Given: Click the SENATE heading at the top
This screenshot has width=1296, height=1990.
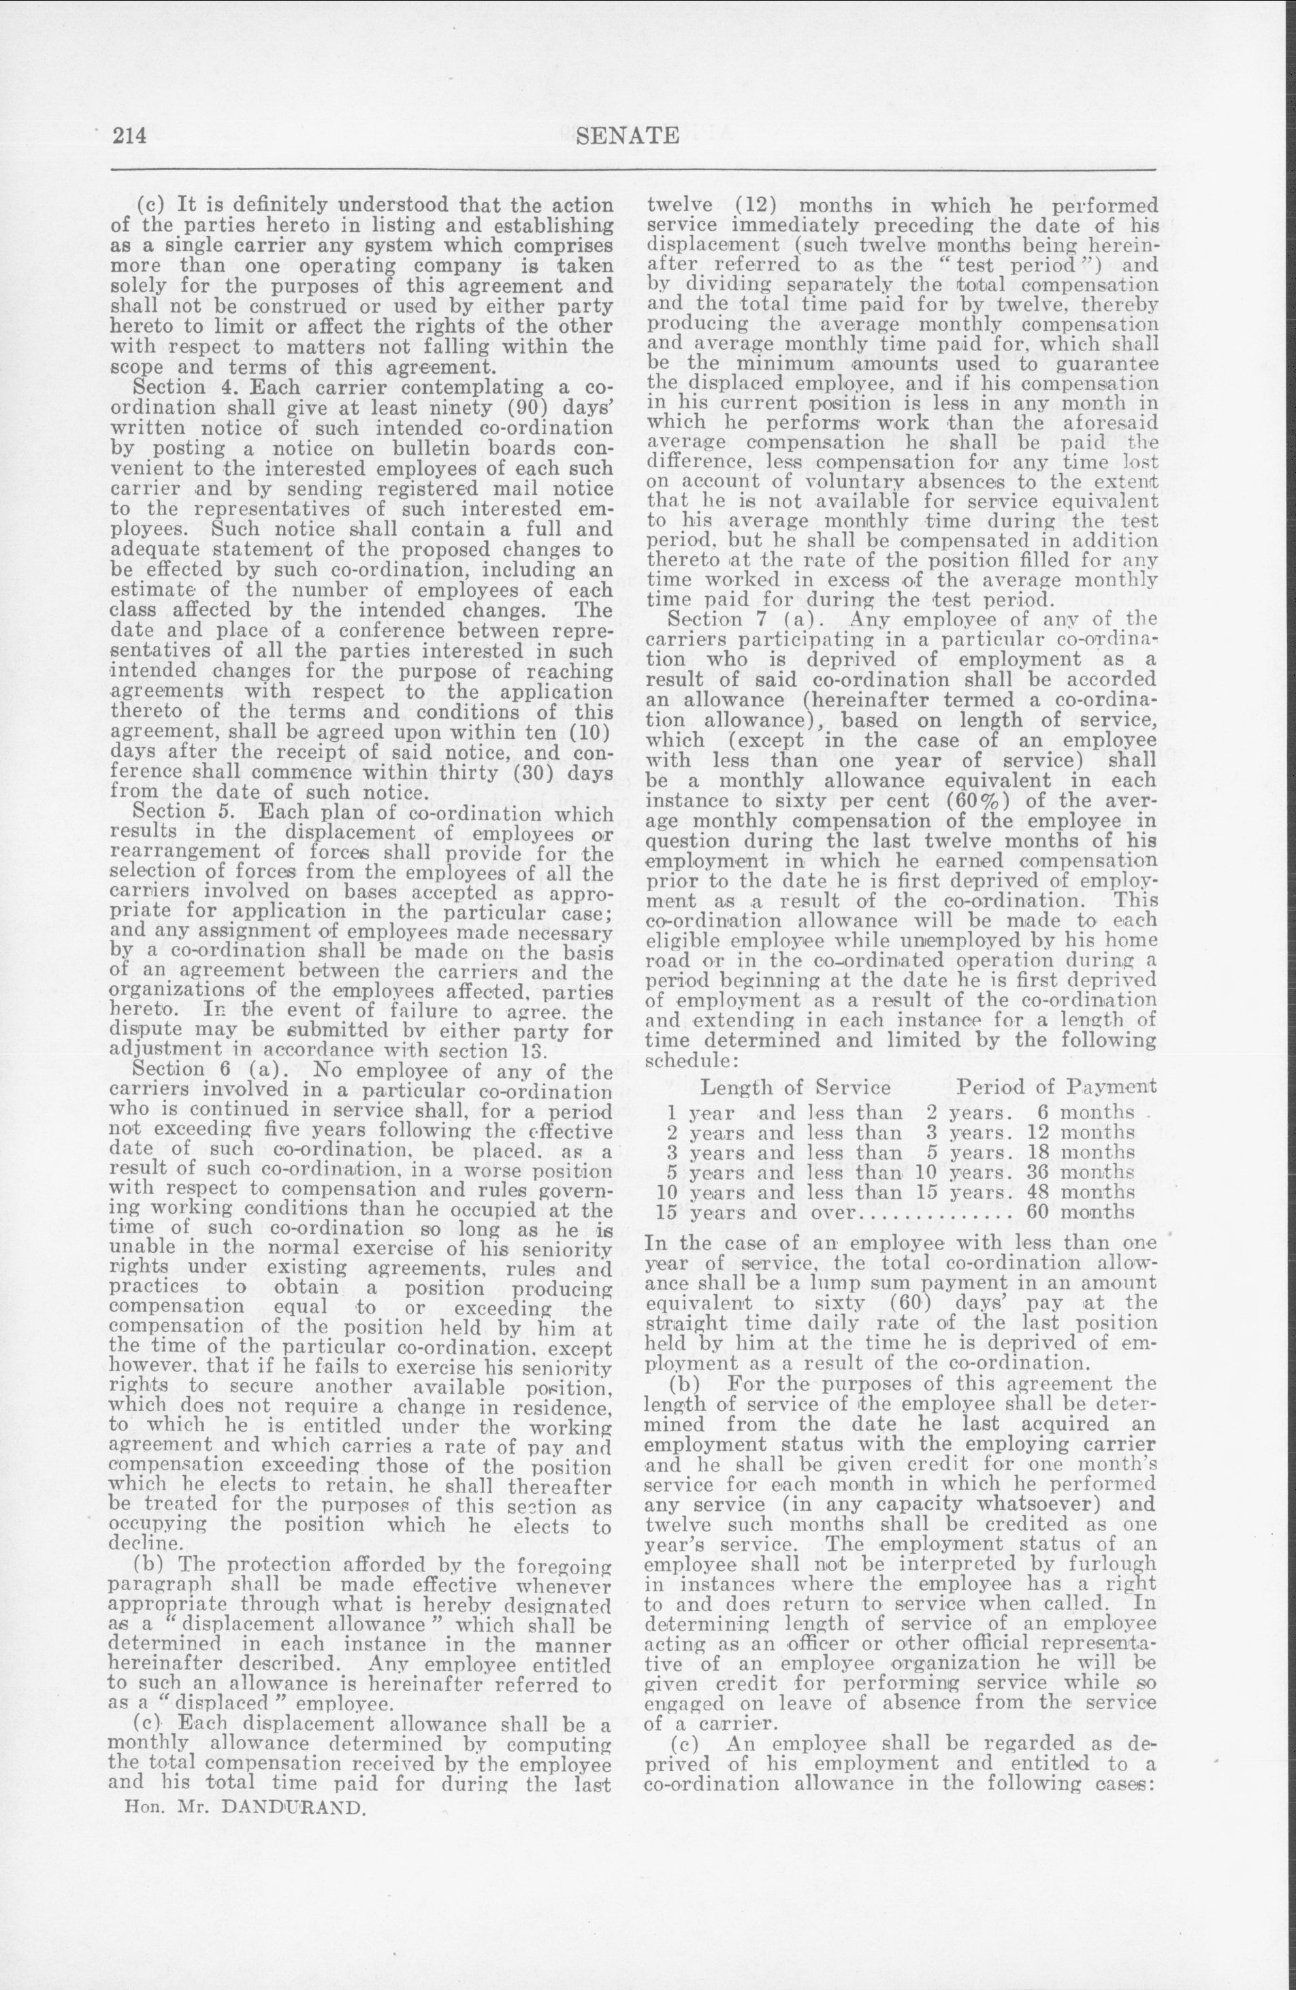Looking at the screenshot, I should [628, 135].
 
